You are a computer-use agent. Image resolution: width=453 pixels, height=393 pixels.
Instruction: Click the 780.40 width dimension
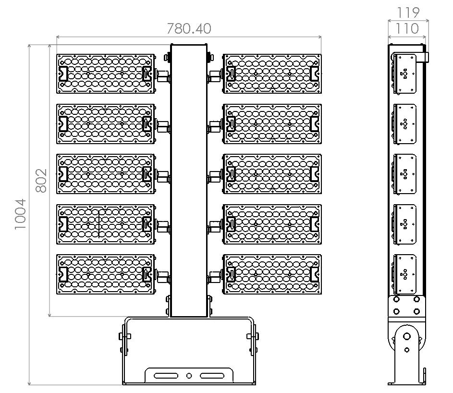click(189, 29)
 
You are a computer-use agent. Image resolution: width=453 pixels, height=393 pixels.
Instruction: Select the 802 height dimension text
click(41, 181)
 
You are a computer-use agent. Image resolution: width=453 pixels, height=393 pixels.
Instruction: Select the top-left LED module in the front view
click(106, 74)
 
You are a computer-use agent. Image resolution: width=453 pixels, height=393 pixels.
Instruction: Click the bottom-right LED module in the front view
click(272, 274)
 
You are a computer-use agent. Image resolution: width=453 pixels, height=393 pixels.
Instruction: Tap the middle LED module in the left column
click(106, 174)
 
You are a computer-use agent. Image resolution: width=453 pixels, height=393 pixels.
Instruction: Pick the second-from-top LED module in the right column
click(272, 124)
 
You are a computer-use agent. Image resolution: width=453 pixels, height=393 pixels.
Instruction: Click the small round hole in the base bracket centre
click(189, 375)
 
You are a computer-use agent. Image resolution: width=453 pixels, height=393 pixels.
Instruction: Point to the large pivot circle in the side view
click(406, 337)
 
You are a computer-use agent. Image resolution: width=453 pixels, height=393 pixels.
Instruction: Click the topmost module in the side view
click(405, 73)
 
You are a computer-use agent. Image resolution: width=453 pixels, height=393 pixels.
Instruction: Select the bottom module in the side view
click(405, 274)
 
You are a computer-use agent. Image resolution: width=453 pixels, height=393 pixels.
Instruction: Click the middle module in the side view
click(405, 174)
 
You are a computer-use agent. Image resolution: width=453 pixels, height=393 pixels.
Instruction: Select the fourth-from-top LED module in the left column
click(106, 224)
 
